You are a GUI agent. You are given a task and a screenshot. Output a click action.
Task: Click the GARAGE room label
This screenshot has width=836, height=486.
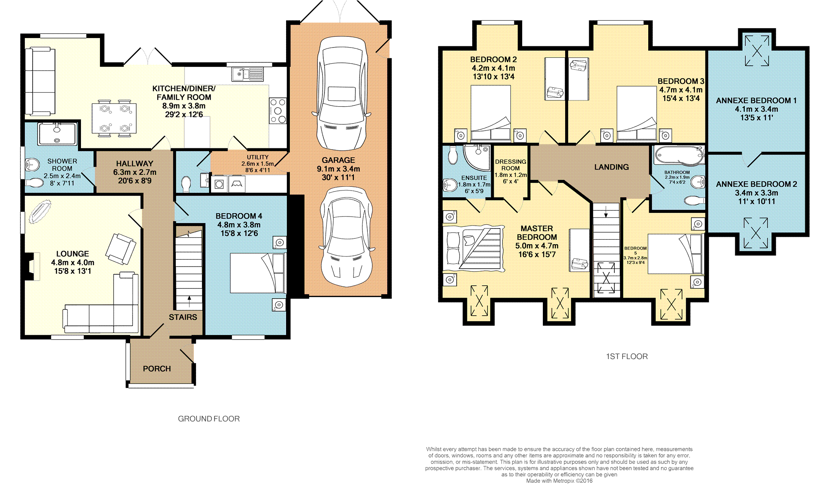[338, 160]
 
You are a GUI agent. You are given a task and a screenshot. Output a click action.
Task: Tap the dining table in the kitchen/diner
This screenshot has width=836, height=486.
[114, 118]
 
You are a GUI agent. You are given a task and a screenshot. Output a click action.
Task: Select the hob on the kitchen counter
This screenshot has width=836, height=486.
[278, 110]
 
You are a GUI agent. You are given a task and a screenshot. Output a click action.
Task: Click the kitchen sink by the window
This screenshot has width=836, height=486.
[247, 74]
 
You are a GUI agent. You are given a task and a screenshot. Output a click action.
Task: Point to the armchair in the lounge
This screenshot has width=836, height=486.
[121, 249]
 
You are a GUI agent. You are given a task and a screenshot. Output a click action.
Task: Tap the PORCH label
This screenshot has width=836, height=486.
[157, 369]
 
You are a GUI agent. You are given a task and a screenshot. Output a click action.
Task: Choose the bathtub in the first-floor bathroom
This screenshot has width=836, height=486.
[679, 156]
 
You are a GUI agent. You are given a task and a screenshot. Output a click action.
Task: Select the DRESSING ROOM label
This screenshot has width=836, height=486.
[511, 165]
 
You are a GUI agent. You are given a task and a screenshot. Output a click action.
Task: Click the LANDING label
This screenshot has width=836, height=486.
[611, 167]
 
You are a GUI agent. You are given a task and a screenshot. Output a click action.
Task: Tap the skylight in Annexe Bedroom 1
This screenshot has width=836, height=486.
[757, 51]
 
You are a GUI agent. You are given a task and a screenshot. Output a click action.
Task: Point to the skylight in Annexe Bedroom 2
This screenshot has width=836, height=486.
[755, 233]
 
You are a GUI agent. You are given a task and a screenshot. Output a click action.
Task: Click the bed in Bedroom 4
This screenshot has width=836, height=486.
[258, 273]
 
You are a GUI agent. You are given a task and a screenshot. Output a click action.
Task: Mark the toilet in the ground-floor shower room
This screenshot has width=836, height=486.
[34, 183]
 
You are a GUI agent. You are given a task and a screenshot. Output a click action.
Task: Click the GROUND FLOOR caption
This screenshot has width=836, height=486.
[209, 419]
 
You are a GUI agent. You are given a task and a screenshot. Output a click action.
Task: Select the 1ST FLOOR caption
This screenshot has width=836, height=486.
[627, 356]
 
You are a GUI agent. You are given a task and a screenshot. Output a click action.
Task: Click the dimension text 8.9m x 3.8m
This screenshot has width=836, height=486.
[184, 106]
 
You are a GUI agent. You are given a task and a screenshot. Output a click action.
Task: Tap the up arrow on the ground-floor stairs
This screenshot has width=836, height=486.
[189, 302]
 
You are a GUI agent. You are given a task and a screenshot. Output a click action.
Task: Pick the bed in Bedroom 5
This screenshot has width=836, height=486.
[675, 254]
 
